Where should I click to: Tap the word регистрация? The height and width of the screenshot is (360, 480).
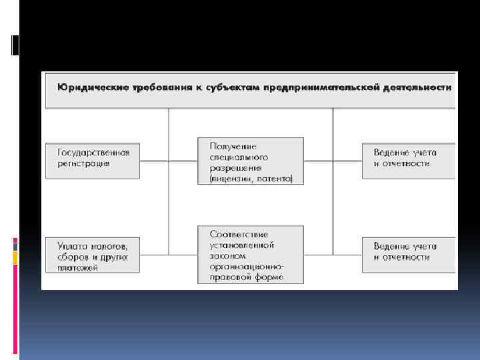tap(83, 162)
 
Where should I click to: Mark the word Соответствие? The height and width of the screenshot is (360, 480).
tap(239, 233)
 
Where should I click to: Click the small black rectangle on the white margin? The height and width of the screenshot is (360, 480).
tap(15, 45)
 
